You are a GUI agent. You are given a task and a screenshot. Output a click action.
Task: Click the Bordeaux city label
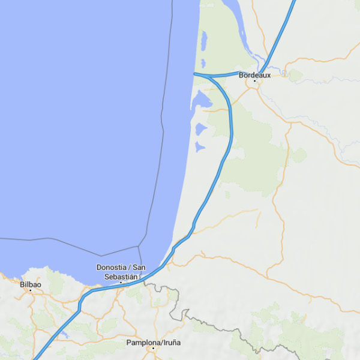[x=254, y=75]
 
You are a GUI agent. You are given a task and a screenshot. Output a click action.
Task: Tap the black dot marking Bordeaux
[x=254, y=80]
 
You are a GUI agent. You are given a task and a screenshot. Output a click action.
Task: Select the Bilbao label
[x=30, y=284]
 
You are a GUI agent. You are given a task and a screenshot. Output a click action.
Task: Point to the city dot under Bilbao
[x=30, y=290]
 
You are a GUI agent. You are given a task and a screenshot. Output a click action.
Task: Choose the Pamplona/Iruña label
[x=153, y=343]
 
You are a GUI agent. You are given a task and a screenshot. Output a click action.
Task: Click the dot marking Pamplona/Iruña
[x=153, y=348]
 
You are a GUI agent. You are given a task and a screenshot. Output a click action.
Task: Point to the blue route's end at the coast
[x=194, y=73]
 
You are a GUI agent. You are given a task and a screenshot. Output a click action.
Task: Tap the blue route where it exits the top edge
[x=295, y=1]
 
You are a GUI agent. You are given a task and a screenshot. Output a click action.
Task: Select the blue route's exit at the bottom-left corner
[x=34, y=358]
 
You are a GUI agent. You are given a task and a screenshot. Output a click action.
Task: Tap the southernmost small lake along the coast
[x=200, y=146]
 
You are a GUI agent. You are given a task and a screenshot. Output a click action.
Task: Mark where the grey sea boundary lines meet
[x=139, y=245]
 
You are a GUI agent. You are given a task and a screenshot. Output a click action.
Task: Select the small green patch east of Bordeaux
[x=295, y=76]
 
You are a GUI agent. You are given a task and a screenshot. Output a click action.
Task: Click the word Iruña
[x=170, y=343]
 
